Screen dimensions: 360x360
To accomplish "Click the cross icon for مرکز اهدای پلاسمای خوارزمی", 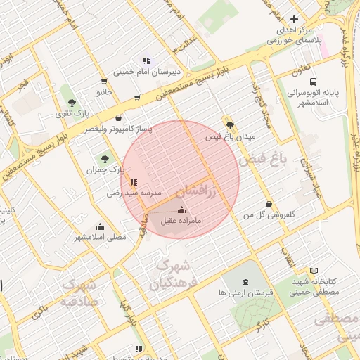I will point(294,19).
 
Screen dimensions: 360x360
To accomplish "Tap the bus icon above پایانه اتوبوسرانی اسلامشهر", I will point(313,81).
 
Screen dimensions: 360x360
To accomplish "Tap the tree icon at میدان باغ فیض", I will point(230,124).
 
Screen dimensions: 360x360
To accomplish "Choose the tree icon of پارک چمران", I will point(105,159).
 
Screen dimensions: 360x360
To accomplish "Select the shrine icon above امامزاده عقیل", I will point(182,210).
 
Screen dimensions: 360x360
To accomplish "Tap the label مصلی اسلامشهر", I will point(101,238).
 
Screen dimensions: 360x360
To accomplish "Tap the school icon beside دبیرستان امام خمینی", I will point(146,61).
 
